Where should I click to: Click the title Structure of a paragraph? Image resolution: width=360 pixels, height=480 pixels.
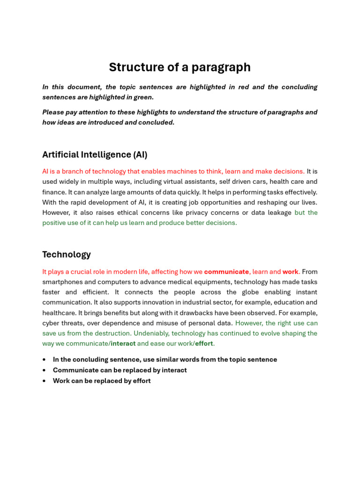[x=180, y=67]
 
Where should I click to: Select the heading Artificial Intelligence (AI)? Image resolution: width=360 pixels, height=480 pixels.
[x=95, y=155]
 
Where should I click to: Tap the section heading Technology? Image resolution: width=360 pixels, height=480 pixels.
[x=67, y=255]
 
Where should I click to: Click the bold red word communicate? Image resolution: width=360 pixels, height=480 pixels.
[x=226, y=272]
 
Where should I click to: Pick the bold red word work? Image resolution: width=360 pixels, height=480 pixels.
[x=290, y=272]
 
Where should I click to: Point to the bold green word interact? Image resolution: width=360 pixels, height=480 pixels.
[x=123, y=344]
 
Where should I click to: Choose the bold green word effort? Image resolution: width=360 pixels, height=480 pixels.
[x=204, y=344]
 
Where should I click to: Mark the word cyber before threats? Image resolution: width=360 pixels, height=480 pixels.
[x=52, y=323]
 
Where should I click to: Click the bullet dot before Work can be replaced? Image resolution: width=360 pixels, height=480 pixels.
[x=44, y=381]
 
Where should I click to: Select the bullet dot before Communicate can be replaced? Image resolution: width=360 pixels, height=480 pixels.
[x=44, y=370]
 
